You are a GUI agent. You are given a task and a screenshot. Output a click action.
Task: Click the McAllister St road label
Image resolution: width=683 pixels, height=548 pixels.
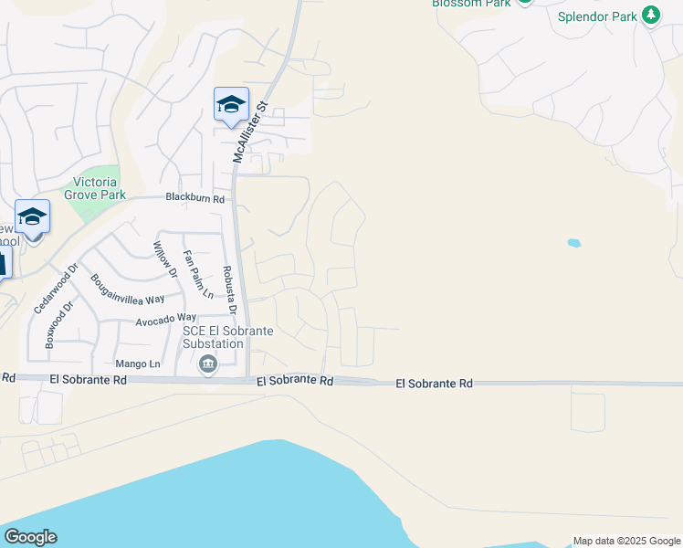[x=248, y=132]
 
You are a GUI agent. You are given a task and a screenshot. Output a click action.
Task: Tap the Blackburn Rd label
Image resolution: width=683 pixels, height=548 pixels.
[x=194, y=197]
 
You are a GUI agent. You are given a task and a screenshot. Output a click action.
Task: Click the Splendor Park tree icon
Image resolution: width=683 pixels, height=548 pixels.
[x=650, y=15]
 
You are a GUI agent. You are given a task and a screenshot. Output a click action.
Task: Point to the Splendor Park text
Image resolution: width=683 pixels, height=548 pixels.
[x=598, y=16]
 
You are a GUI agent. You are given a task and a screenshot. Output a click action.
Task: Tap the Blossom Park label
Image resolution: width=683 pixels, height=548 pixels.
[x=470, y=4]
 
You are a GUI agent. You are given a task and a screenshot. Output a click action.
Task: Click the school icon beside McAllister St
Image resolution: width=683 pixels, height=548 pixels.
[x=231, y=104]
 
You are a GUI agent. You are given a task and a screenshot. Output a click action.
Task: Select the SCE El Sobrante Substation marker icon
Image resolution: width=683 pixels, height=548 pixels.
[x=208, y=365]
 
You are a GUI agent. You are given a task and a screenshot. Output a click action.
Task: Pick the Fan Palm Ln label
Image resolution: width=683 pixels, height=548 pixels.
[x=198, y=274]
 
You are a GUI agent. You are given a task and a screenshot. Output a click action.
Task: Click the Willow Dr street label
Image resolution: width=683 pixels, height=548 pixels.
[x=164, y=258]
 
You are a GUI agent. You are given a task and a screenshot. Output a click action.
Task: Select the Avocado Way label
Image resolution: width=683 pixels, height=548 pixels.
[x=166, y=318]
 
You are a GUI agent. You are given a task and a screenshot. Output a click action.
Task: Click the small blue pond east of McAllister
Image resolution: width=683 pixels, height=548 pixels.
[x=573, y=243]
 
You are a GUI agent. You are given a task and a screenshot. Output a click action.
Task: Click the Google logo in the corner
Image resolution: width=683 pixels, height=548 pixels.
[x=30, y=537]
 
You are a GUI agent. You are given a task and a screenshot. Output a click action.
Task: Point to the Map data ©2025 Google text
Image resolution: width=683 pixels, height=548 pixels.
[x=625, y=541]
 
